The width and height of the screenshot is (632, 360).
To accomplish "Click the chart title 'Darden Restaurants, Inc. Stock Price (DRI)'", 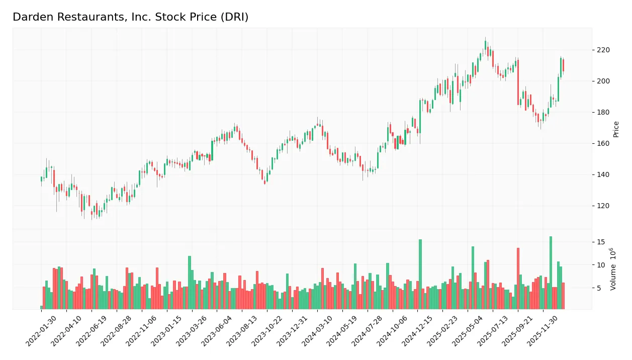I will coord(130,17).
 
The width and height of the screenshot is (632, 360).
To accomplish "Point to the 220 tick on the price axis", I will coord(603,50).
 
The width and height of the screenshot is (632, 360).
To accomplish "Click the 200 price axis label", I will coord(603,81).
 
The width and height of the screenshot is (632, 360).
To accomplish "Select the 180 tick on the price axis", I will coord(603,112).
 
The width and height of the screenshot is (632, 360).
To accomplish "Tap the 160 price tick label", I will coord(603,143).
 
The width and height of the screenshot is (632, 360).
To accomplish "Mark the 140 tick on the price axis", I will coord(603,174).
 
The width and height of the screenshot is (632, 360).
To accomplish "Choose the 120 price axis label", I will coord(603,206).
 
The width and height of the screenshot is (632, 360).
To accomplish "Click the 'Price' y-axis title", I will coord(616,129).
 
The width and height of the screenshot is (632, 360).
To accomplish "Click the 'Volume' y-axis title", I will coord(613,269).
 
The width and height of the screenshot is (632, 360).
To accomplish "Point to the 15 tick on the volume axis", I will coord(600,242).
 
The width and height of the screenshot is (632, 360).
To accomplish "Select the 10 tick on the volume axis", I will coord(600,265).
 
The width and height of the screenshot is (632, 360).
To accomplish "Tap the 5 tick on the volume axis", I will coord(598,288).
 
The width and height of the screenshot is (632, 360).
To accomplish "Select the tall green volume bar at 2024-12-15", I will coord(420,274).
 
